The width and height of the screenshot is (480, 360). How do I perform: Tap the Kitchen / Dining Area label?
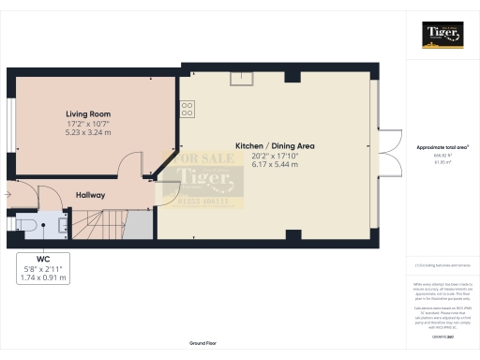coord(274,146)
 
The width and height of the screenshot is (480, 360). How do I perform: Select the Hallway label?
coord(91,195)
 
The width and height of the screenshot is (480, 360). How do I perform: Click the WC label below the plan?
coord(43,259)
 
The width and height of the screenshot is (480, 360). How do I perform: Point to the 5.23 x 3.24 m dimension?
coord(89,132)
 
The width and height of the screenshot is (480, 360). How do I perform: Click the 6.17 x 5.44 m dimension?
coord(274,165)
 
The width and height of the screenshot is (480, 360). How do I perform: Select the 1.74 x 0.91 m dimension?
coord(43,277)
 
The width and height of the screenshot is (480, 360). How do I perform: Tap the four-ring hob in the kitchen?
coord(187,109)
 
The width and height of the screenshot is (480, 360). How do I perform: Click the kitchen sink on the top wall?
coord(243,77)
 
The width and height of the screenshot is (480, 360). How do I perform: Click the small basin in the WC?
coord(62,225)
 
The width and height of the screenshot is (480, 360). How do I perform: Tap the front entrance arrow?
coord(7,195)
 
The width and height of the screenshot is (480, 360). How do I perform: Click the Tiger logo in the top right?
coord(442,36)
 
